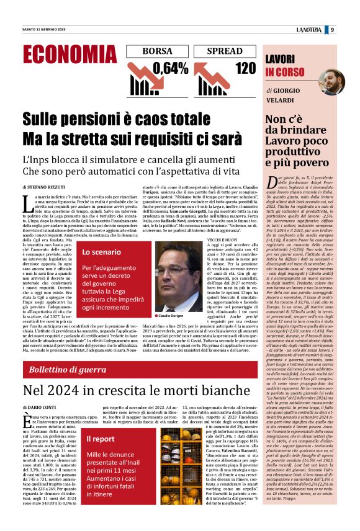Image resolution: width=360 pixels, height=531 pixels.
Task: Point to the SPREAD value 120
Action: (x=245, y=68)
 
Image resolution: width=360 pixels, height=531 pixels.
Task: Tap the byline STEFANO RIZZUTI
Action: (x=53, y=186)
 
